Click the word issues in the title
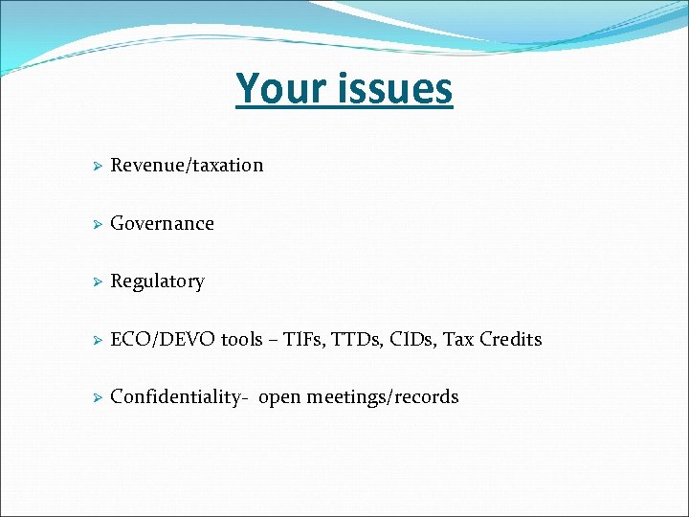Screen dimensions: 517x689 pos(394,88)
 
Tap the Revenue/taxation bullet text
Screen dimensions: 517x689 pos(187,165)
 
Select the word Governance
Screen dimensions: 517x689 pos(162,223)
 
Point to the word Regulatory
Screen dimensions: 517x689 pos(157,281)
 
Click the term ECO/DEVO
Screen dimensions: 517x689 pos(164,339)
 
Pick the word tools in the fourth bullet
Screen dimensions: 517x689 pos(241,339)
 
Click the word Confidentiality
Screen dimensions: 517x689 pos(178,396)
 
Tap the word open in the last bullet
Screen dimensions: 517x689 pos(279,397)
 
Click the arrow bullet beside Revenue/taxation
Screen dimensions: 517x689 pos(96,166)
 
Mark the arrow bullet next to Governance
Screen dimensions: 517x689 pos(96,224)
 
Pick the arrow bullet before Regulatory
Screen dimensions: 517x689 pos(96,281)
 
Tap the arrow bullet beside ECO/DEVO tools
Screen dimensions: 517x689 pos(96,340)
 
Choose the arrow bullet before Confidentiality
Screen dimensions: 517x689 pos(96,397)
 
